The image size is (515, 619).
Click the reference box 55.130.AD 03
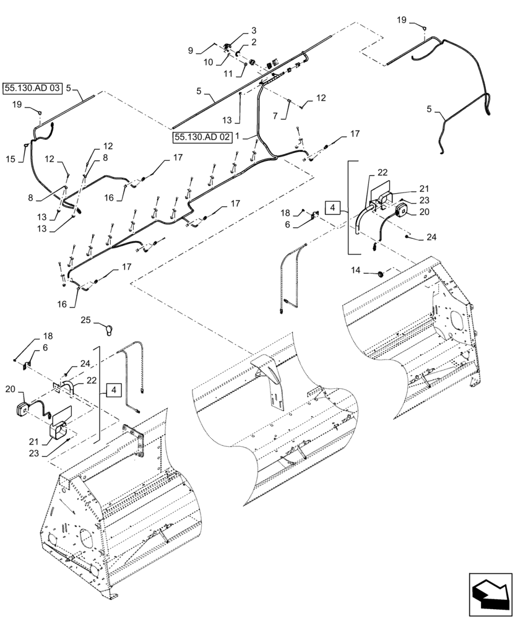pos(32,89)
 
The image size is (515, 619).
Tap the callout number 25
pos(87,320)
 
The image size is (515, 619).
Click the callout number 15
pos(10,159)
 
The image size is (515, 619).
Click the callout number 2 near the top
pos(253,42)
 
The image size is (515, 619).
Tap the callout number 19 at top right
pos(402,20)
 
